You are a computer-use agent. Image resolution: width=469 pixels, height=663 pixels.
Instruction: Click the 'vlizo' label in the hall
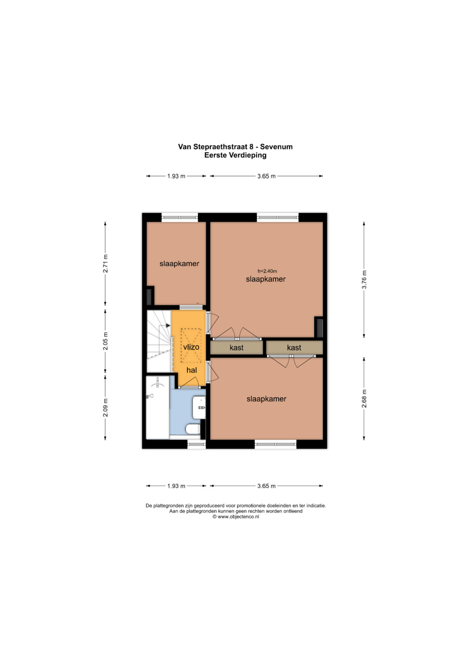[191, 347]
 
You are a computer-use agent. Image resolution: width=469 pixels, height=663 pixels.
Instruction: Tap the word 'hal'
[192, 370]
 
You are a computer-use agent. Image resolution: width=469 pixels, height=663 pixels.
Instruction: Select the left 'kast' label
[236, 347]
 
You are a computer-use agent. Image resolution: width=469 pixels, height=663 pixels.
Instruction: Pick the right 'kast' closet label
[294, 347]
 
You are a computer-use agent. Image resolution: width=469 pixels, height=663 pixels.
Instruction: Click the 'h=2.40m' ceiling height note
[267, 271]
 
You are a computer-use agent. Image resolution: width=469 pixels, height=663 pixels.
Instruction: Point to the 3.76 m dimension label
[364, 280]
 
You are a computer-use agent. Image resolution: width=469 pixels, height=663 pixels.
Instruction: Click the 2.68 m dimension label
[364, 399]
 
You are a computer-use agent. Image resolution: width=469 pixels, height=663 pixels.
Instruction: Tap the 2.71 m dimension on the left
[106, 264]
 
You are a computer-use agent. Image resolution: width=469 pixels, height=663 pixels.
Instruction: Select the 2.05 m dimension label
[106, 341]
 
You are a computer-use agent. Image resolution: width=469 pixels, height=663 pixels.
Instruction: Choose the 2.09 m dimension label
[106, 408]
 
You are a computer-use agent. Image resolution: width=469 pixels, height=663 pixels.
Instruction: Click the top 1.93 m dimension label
[176, 176]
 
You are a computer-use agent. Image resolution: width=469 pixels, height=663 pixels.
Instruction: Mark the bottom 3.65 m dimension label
[266, 486]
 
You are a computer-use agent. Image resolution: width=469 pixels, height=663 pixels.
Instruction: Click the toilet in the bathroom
[193, 429]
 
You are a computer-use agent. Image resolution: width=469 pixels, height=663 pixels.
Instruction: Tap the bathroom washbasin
[199, 408]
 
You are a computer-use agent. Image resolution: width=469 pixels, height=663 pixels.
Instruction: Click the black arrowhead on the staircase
[168, 326]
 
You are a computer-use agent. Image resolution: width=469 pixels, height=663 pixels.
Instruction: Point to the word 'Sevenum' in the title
[276, 146]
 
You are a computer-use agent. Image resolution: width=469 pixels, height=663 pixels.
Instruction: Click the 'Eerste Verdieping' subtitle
[235, 155]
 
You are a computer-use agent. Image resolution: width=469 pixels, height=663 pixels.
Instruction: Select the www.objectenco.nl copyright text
[236, 517]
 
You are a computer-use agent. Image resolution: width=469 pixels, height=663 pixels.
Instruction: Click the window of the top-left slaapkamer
[180, 217]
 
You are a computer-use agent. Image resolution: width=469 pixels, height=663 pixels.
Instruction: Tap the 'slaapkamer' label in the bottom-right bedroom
[267, 399]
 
